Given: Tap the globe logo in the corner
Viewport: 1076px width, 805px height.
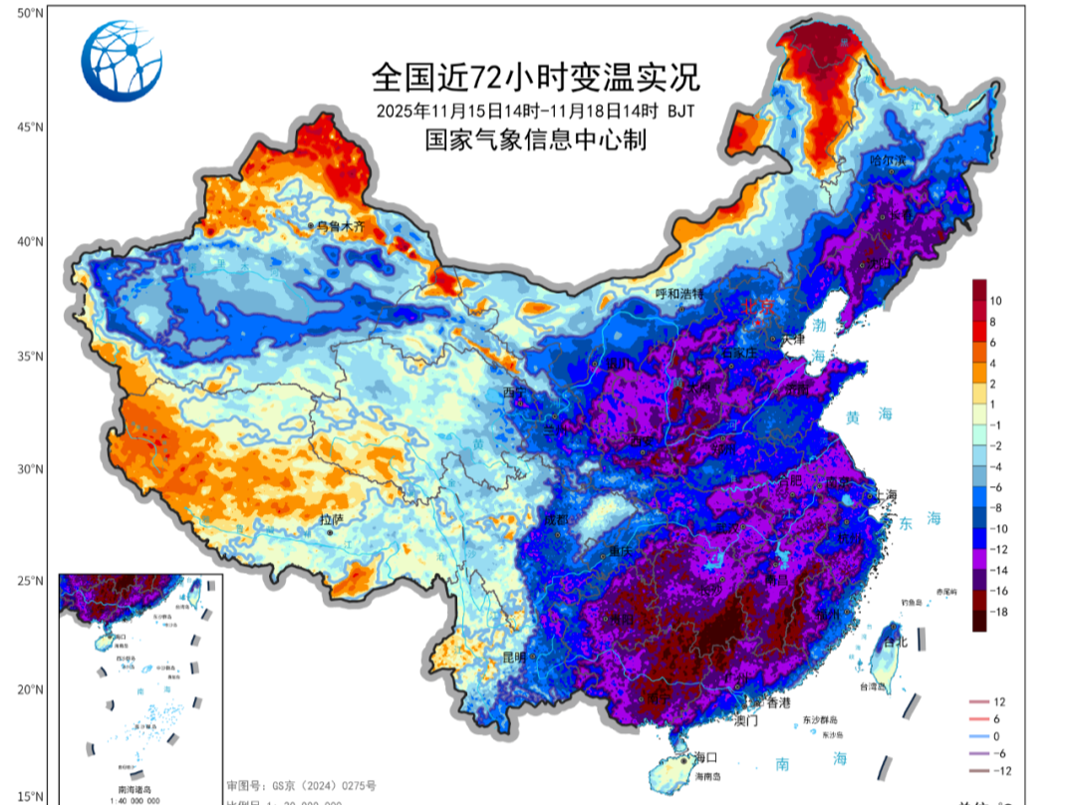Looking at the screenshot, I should [x=123, y=62].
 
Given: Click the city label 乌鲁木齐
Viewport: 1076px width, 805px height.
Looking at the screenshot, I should [x=342, y=227].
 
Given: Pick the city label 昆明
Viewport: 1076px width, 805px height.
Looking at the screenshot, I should [x=514, y=658].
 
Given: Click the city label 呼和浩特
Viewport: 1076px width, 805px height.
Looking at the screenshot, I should [x=679, y=294].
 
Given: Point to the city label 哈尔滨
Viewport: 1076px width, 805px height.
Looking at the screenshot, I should [x=889, y=160].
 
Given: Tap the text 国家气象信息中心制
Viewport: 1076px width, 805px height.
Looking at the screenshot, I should [x=536, y=140].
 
